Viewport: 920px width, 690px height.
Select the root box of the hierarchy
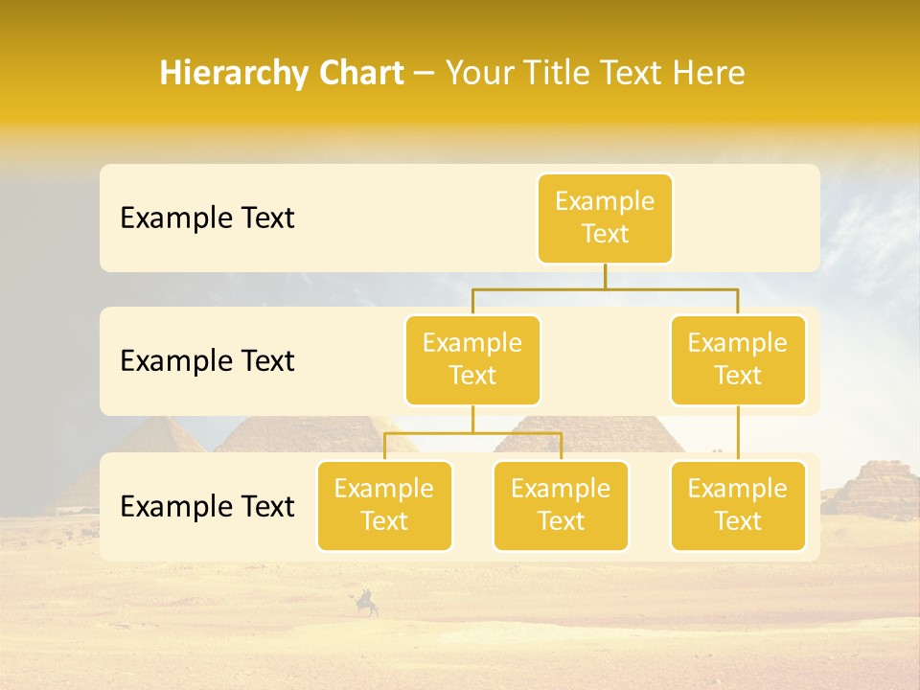point(605,218)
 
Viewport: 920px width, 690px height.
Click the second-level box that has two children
point(472,359)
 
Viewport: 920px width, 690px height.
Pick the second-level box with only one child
point(738,359)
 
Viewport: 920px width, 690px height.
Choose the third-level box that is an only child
point(738,505)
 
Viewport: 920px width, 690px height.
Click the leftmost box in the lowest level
point(384,505)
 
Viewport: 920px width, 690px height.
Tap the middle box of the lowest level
point(561,505)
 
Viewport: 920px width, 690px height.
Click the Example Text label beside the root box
point(207,218)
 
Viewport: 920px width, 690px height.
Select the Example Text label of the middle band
point(207,360)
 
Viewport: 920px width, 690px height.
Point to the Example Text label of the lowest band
point(207,506)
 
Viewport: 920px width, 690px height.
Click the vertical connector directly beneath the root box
point(605,276)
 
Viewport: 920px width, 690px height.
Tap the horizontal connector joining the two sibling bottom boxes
point(472,433)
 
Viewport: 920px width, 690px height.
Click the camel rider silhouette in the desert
point(366,603)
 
